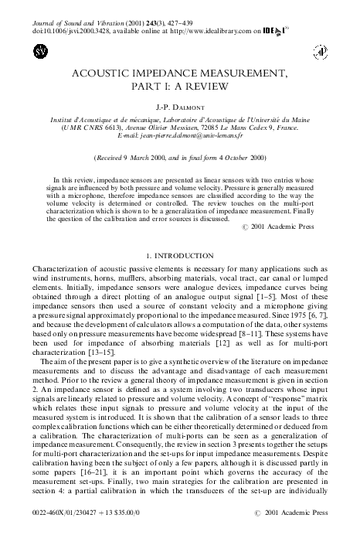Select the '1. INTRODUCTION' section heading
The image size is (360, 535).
[x=179, y=254]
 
